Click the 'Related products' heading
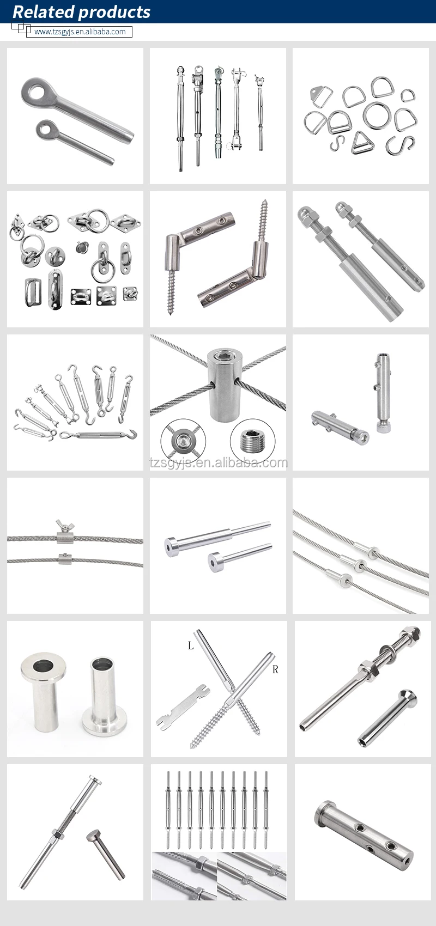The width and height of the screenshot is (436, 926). coord(82,12)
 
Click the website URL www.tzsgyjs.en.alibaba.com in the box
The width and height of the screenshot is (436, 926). coord(80,32)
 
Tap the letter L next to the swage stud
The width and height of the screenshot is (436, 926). coord(190,645)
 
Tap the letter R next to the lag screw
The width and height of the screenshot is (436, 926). coord(275,669)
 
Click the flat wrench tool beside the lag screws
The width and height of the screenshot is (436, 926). coord(182,706)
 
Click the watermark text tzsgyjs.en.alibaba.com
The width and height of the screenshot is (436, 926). coord(218,463)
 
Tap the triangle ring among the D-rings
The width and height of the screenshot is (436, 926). coord(360,144)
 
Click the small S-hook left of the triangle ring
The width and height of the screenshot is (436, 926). coord(338,144)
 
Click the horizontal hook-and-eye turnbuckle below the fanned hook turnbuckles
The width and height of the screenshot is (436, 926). coord(98,435)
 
